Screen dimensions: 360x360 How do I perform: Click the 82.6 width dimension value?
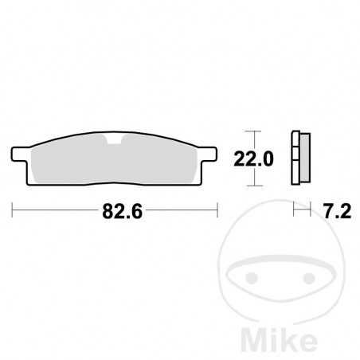pos(116,211)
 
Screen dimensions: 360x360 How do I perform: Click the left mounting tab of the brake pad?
pos(22,151)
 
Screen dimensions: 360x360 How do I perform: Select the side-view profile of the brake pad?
pos(301,157)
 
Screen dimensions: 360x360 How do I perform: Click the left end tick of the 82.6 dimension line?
pos(14,211)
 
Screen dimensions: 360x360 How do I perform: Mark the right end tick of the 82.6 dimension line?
pos(217,211)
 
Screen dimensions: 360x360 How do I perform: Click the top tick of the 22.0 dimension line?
pos(253,131)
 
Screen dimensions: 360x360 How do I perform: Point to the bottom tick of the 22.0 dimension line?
pos(253,185)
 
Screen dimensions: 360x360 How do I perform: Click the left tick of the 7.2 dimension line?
pos(295,211)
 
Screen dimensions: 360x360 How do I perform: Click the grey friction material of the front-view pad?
pos(115,163)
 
